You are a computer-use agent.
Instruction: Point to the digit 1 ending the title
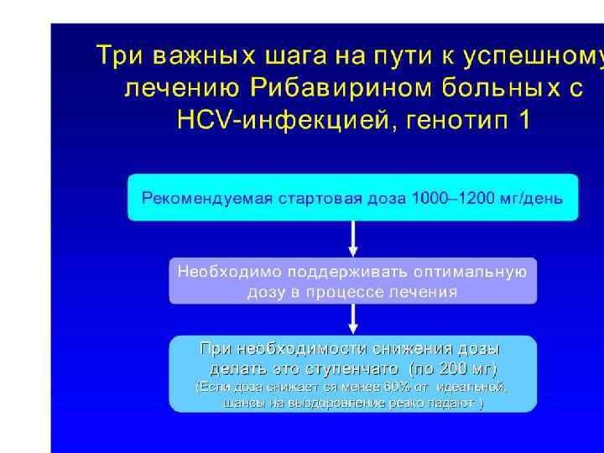[x=524, y=120]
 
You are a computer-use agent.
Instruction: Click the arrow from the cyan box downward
[x=353, y=239]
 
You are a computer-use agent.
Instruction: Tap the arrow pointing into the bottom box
[x=353, y=319]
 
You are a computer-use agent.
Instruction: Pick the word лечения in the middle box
[x=429, y=292]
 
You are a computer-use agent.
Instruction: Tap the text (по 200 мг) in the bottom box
[x=452, y=369]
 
